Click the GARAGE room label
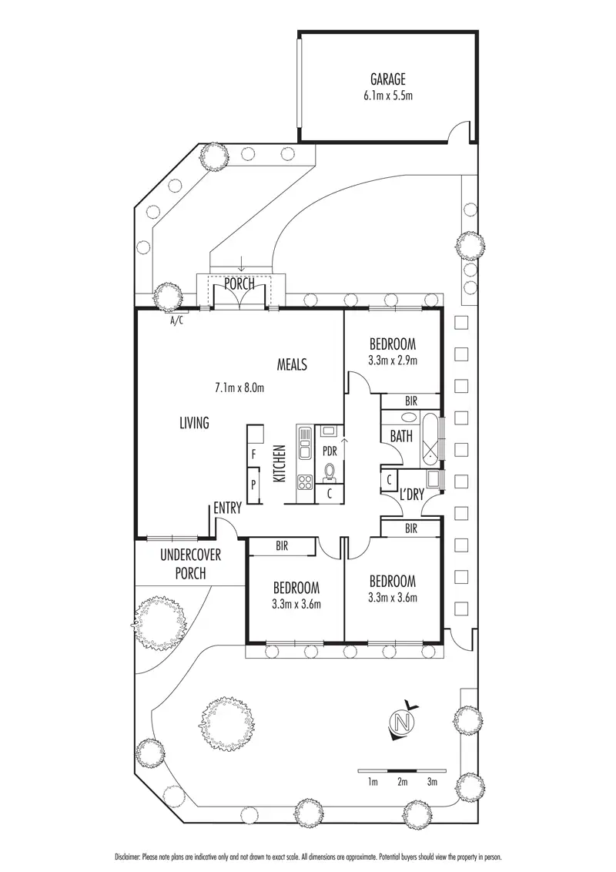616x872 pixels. pos(388,79)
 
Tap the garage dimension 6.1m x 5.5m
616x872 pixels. pos(388,96)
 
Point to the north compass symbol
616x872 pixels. pos(400,722)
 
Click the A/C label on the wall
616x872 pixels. pos(177,321)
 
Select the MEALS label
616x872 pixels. pos(293,364)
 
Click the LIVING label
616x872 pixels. pos(194,422)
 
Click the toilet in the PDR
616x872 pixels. pos(330,471)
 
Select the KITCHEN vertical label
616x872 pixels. pos(280,464)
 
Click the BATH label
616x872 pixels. pos(400,436)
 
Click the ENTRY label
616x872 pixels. pos(228,508)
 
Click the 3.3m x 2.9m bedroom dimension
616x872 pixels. pos(393,361)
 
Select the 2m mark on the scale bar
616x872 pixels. pos(402,782)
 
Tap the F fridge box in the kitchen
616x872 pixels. pos(253,455)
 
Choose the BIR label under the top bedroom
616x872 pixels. pos(410,401)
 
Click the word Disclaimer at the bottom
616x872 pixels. pos(129,856)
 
